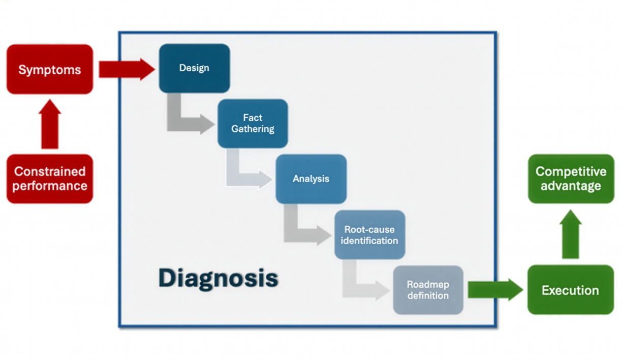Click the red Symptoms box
click(x=50, y=69)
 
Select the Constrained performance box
click(x=50, y=178)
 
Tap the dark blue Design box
click(x=194, y=68)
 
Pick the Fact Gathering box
click(x=253, y=124)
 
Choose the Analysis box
click(x=311, y=179)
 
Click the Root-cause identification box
click(x=369, y=234)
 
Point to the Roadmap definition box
click(x=428, y=290)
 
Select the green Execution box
click(x=570, y=290)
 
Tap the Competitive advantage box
click(x=571, y=178)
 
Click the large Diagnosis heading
click(x=218, y=278)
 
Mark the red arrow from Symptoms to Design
click(x=126, y=69)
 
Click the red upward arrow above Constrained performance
click(x=50, y=125)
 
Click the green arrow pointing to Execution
click(x=494, y=290)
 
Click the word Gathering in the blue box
click(x=253, y=129)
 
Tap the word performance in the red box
click(x=50, y=186)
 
